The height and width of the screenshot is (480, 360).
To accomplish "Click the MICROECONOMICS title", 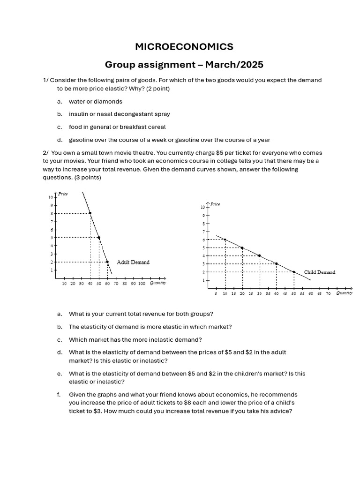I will (x=184, y=46).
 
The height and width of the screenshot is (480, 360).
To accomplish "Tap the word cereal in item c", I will (x=157, y=127).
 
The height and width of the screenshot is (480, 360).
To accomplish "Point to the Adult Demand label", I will (x=133, y=262).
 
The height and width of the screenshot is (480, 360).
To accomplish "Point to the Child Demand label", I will (x=320, y=272).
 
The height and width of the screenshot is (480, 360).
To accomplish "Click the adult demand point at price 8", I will (x=90, y=213).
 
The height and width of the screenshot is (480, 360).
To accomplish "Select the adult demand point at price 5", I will (x=99, y=238).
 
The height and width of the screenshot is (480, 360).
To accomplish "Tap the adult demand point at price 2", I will (x=107, y=262).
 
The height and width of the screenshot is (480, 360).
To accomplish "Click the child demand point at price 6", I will (x=225, y=240).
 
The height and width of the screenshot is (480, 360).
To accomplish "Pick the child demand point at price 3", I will (x=277, y=264).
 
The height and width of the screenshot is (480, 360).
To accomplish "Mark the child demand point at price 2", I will (x=294, y=272).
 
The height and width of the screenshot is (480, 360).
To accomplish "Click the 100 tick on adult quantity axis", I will (x=142, y=284).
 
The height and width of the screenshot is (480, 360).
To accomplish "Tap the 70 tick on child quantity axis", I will (x=328, y=293).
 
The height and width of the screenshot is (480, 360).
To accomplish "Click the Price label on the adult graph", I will (x=63, y=194).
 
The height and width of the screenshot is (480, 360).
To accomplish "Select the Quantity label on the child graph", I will (x=344, y=293).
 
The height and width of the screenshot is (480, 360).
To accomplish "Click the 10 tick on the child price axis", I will (x=202, y=207).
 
